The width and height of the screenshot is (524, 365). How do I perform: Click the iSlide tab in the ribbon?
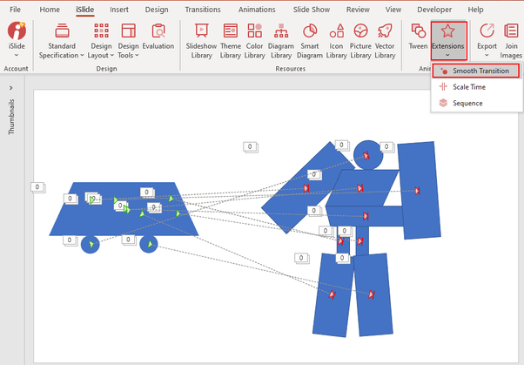click(84, 9)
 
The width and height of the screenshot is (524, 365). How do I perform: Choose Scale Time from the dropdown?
click(468, 87)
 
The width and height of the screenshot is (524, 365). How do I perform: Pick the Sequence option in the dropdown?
click(467, 103)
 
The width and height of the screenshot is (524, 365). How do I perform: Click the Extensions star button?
click(448, 38)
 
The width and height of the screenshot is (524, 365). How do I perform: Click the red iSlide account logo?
click(16, 32)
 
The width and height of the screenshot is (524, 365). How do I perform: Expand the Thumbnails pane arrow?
click(10, 88)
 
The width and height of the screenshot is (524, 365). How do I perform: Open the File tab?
click(15, 9)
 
